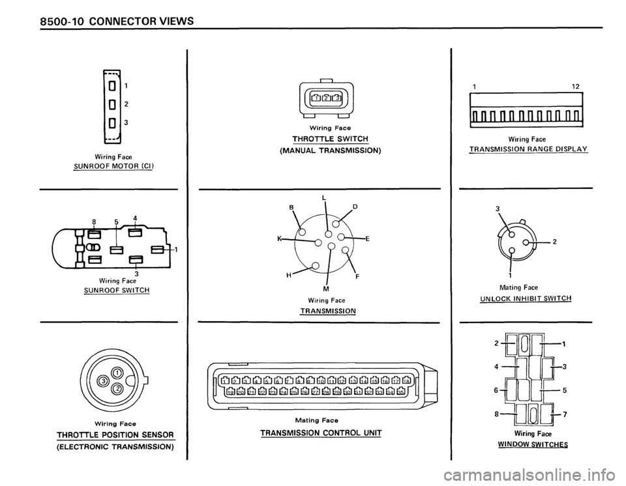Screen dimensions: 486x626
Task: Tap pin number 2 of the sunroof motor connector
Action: pos(126,102)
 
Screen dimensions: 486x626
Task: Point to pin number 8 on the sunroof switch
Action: pos(94,221)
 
